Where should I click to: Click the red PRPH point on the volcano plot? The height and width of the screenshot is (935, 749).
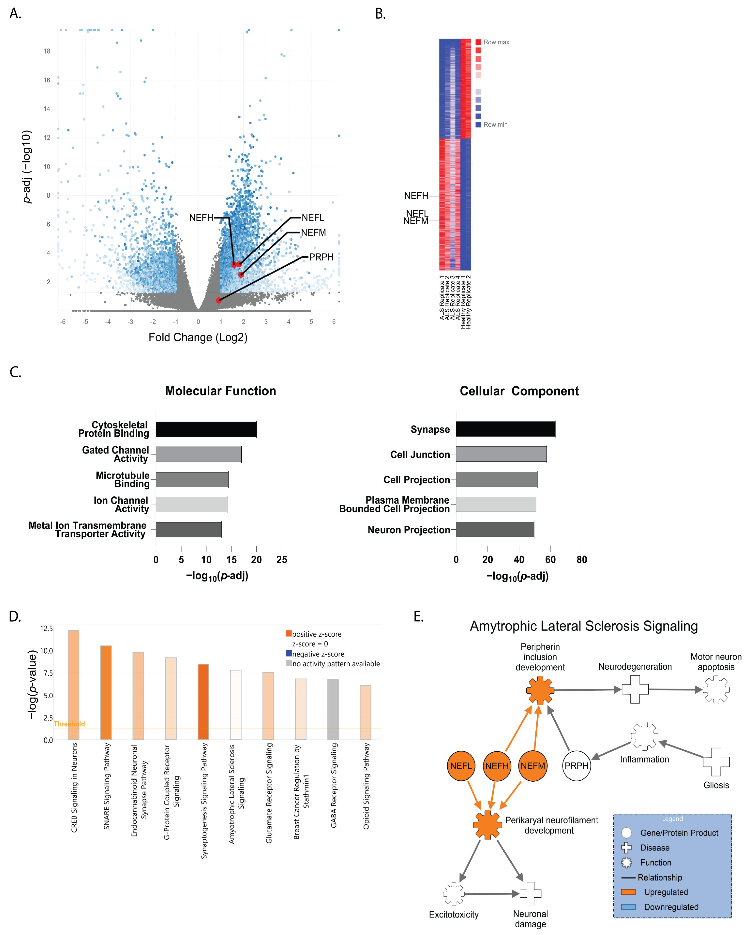coord(219,300)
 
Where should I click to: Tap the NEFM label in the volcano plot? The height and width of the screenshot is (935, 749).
coord(313,233)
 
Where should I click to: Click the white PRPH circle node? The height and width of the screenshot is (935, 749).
coord(576,766)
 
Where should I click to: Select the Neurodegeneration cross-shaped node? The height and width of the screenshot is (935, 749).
coord(635,689)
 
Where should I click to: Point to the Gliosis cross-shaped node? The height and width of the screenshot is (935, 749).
coord(716,762)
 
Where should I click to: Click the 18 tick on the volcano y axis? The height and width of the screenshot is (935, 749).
coord(47,51)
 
